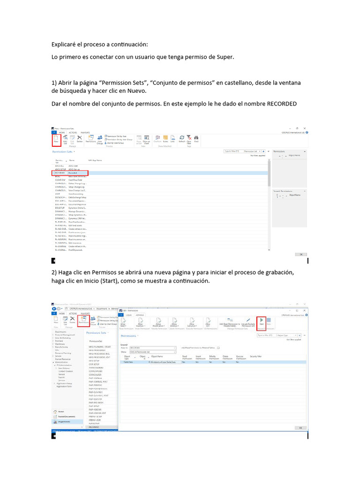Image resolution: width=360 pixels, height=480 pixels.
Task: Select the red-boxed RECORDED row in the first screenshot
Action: pyautogui.click(x=70, y=172)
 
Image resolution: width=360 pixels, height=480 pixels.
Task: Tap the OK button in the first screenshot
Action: pyautogui.click(x=299, y=255)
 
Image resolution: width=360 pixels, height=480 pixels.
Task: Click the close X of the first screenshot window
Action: pyautogui.click(x=305, y=128)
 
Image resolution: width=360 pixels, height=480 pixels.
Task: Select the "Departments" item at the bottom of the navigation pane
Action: pyautogui.click(x=65, y=421)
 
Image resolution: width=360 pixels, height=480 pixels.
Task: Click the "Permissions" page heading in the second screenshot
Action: pyautogui.click(x=128, y=336)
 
